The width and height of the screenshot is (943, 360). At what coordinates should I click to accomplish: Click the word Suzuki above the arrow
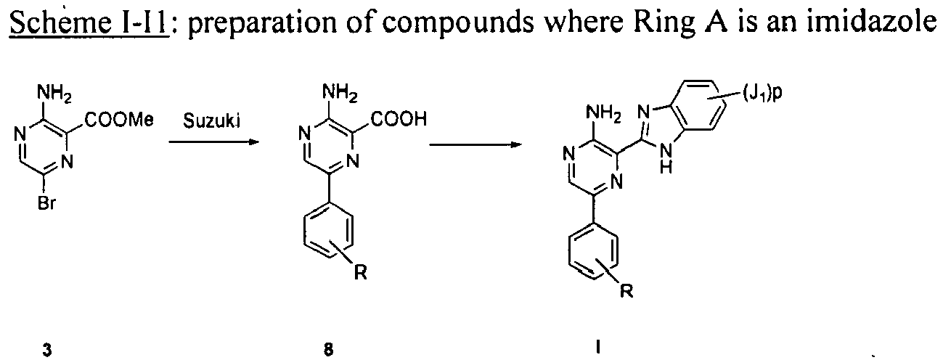(x=212, y=121)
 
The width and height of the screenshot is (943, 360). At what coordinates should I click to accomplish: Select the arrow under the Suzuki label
(x=213, y=142)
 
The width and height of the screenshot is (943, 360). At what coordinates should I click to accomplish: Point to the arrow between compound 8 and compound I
(x=475, y=144)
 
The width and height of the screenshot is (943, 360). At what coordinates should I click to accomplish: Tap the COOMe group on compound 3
(x=119, y=120)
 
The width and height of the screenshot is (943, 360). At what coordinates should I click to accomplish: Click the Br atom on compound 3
(x=46, y=204)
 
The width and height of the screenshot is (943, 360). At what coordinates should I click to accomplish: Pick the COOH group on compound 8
(x=399, y=119)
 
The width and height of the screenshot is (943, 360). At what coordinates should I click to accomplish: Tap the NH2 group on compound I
(x=603, y=113)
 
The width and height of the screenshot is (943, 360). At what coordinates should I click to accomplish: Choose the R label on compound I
(x=626, y=290)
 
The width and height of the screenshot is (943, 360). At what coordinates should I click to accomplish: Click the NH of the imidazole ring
(x=666, y=160)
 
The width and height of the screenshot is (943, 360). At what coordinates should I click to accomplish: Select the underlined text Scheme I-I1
(x=89, y=23)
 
